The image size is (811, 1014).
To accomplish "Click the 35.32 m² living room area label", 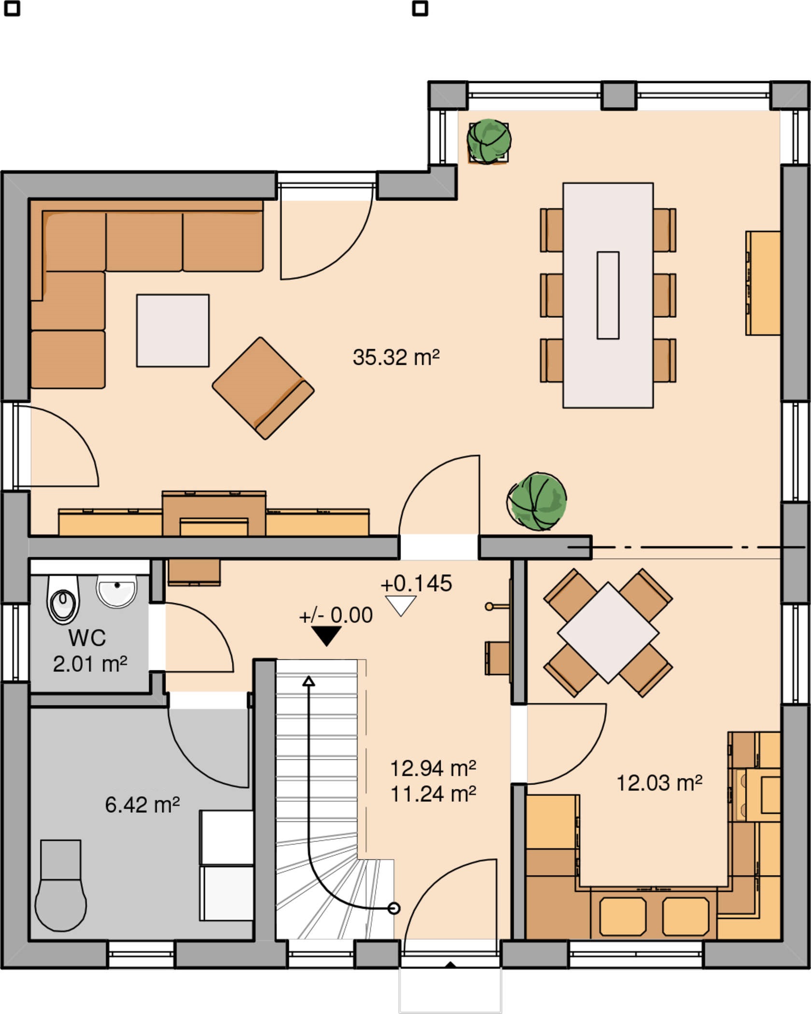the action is point(396,358).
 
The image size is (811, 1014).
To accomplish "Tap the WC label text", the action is point(87,638).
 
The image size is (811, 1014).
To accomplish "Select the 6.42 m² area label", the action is point(142,805).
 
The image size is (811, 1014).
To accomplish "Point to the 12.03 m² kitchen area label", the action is point(659,783).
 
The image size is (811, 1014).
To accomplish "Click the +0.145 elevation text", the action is point(416,583).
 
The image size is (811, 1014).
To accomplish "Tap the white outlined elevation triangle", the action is point(401,606).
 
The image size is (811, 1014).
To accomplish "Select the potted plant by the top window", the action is point(489,141).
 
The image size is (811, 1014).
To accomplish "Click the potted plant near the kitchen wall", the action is point(537,501).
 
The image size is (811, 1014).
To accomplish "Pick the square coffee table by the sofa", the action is point(173,331).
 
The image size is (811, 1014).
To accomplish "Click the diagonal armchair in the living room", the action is point(263,389).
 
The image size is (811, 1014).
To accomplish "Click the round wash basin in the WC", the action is point(117,591).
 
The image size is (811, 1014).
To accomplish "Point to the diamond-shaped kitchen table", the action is point(608,633).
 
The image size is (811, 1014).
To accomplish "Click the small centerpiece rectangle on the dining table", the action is point(608,295).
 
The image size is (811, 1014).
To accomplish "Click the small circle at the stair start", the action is point(394,909).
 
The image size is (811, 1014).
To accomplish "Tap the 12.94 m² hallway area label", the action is point(433,769).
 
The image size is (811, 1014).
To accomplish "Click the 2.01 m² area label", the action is point(90,664).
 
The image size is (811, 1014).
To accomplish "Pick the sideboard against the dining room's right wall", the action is point(763,283).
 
